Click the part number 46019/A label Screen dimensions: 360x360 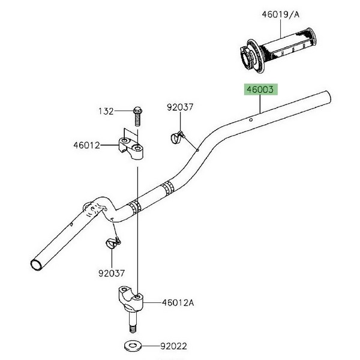[x=281, y=14]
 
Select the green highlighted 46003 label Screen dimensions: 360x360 [x=260, y=89]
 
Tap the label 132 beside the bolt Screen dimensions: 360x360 [x=106, y=112]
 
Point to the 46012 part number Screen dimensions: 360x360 [x=87, y=145]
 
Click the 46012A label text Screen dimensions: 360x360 [x=178, y=302]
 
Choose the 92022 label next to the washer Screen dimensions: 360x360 [x=173, y=346]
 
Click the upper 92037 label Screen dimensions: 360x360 [x=180, y=107]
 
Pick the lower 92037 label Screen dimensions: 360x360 [x=112, y=273]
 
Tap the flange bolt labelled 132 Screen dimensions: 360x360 [x=137, y=116]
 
